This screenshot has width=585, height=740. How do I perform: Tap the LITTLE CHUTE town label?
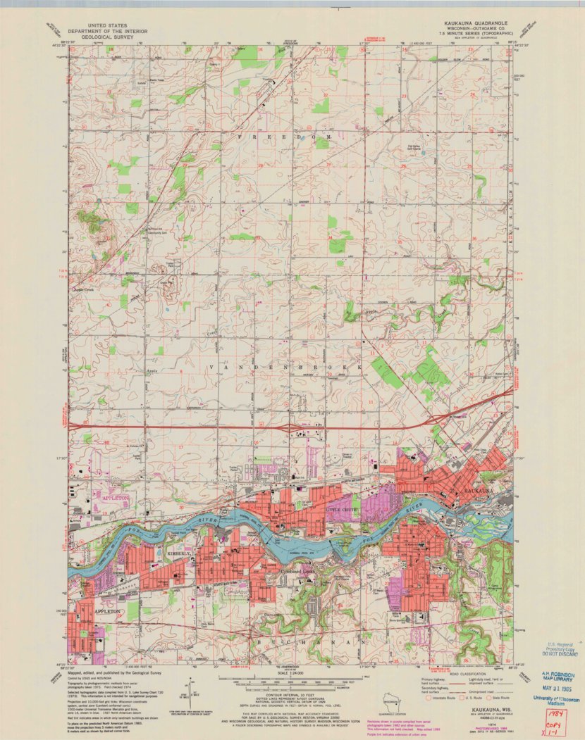coord(343,507)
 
